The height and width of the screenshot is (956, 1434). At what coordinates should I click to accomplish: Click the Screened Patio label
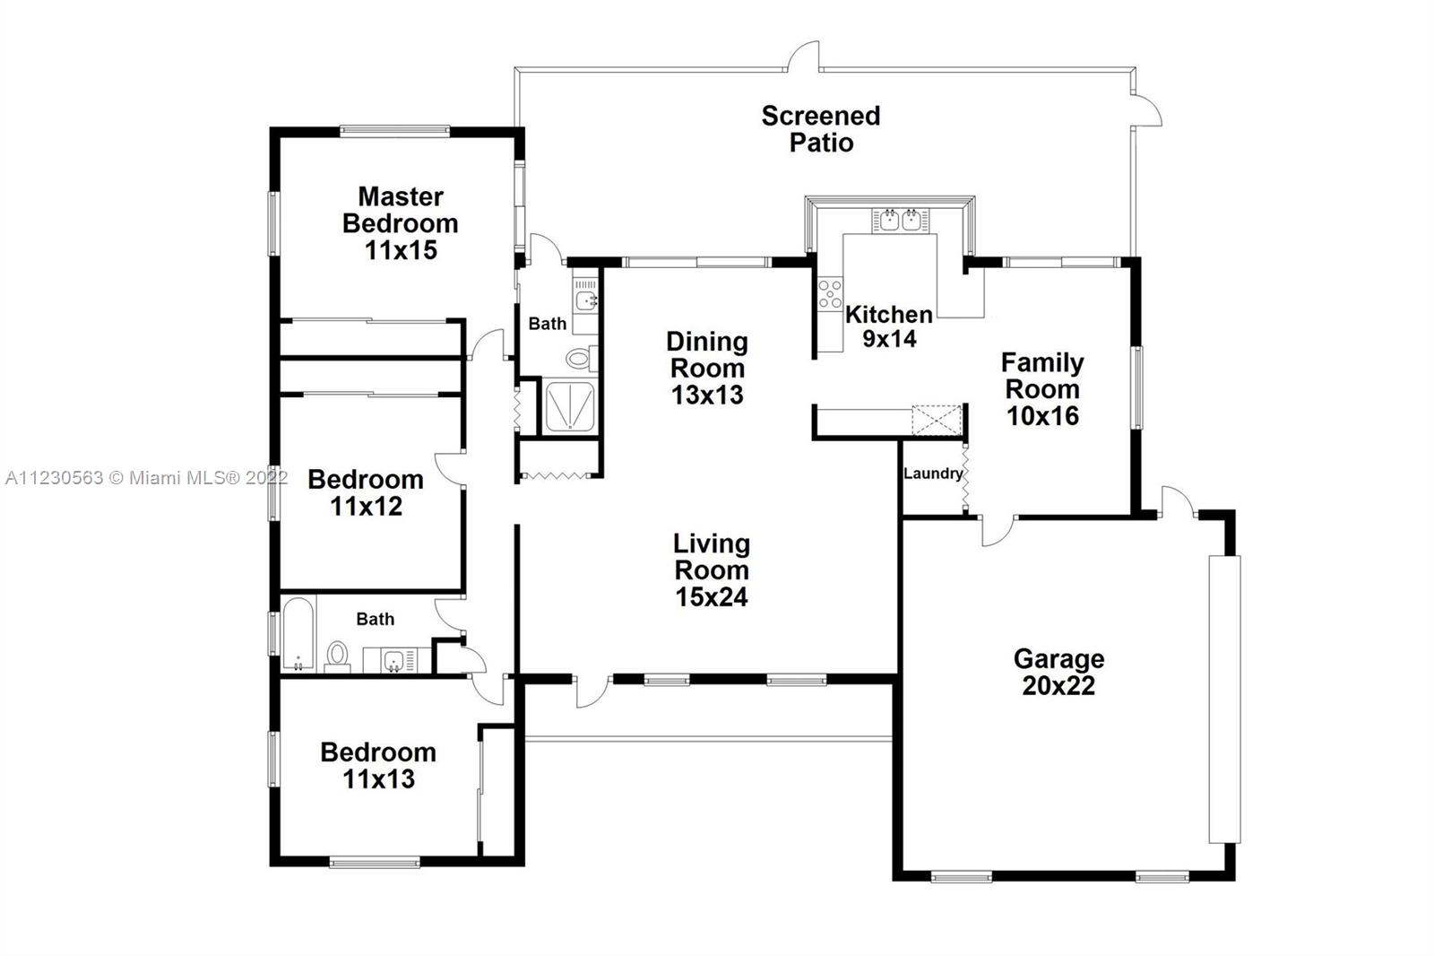(x=821, y=129)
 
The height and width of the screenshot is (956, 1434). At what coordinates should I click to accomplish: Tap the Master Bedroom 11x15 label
(x=401, y=223)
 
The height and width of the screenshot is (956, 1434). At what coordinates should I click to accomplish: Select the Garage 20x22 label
(x=1058, y=672)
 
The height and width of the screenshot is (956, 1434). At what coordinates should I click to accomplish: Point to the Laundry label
(x=933, y=474)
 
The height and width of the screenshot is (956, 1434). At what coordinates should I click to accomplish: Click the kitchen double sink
(x=900, y=220)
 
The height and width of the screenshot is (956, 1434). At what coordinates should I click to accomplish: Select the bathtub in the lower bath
(x=298, y=634)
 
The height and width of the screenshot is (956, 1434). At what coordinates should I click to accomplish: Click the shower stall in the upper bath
(x=569, y=406)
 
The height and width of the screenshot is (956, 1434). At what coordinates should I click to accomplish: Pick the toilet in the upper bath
(x=582, y=358)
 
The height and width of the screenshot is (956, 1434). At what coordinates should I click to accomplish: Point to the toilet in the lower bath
(x=337, y=656)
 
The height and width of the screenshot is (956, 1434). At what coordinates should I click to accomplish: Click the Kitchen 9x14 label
(x=889, y=326)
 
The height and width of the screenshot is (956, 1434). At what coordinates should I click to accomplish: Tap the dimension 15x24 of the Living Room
(x=712, y=596)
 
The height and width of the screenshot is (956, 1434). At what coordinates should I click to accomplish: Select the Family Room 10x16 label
(x=1042, y=389)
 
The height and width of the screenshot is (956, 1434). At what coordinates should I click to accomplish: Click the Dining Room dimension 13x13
(x=707, y=395)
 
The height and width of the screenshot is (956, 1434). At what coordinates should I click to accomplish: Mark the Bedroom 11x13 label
(x=378, y=765)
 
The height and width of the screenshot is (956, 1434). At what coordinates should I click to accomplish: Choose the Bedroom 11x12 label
(x=366, y=492)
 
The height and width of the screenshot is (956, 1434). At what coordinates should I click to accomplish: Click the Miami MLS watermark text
(x=147, y=478)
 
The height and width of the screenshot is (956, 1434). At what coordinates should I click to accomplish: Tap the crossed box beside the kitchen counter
(x=937, y=421)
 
